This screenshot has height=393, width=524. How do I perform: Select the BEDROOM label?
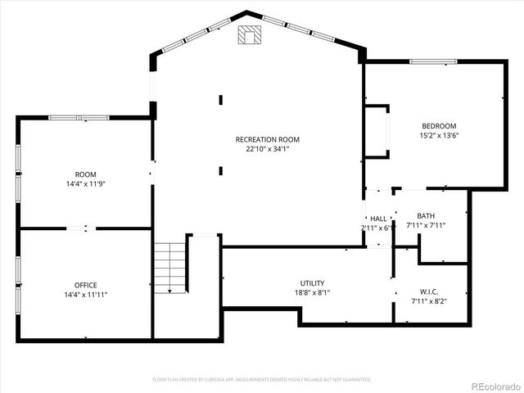[x=439, y=125]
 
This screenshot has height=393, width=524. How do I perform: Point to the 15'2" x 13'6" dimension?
[x=439, y=135]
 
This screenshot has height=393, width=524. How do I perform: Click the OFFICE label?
[x=86, y=285]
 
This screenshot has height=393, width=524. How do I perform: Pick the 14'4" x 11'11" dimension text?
[x=86, y=295]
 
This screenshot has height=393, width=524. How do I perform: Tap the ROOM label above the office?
[x=86, y=174]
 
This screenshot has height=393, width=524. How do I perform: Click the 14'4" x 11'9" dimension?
[x=86, y=183]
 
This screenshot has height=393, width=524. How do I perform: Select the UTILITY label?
[x=312, y=282]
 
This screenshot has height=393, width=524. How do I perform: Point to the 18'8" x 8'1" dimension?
[x=312, y=292]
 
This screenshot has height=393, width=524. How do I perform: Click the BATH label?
[x=426, y=215]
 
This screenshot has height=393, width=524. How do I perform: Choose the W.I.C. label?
[x=428, y=291]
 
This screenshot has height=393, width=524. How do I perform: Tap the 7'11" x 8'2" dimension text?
[x=428, y=300]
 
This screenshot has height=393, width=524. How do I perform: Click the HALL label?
[x=378, y=219]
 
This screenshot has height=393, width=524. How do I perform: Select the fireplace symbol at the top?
[x=249, y=34]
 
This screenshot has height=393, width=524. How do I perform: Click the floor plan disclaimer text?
[x=262, y=379]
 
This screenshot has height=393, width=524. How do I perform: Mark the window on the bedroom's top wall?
[x=433, y=61]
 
